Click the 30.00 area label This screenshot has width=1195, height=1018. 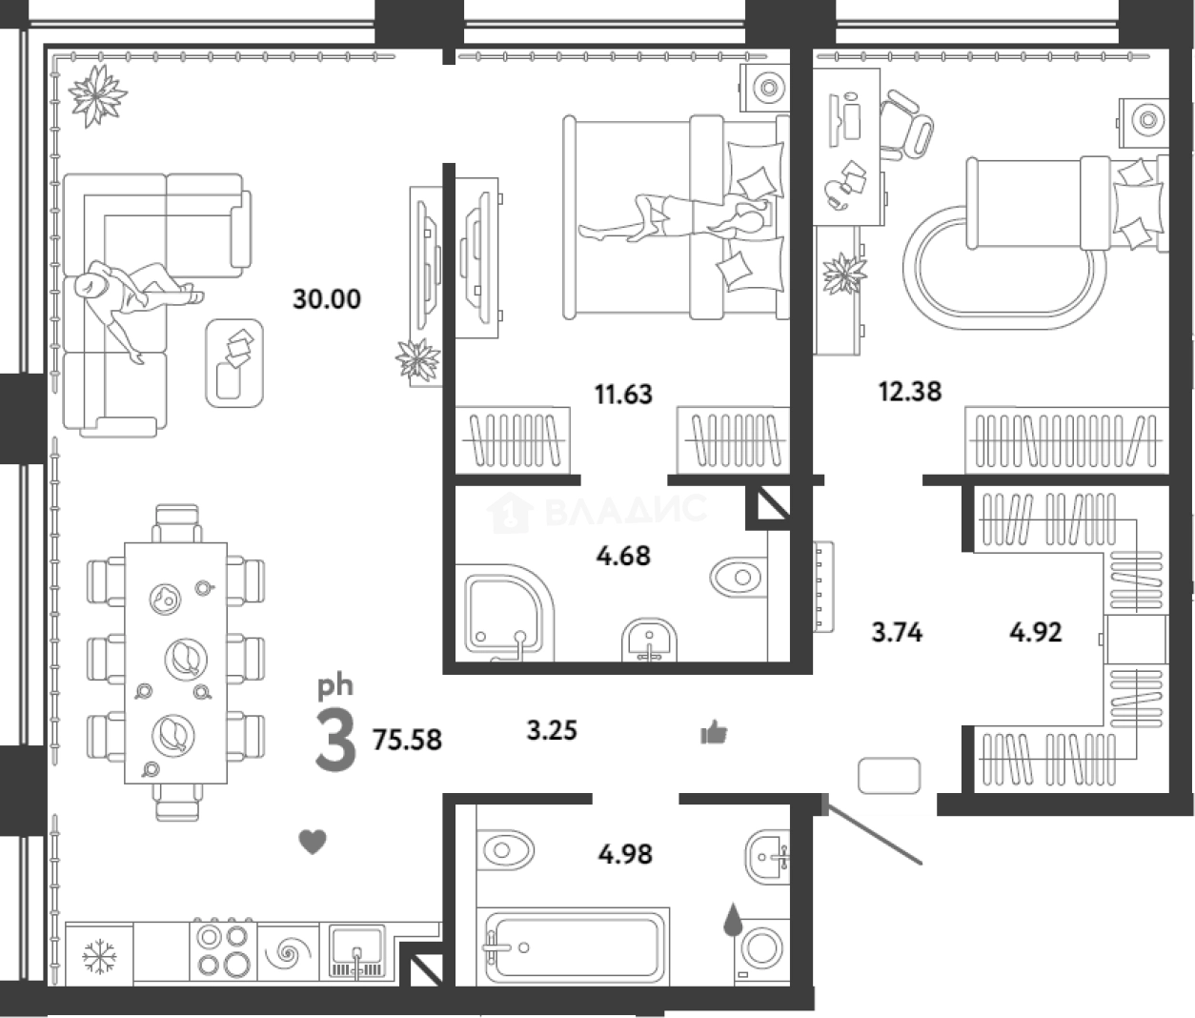[x=327, y=299]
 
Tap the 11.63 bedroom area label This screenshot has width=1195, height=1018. [x=623, y=395]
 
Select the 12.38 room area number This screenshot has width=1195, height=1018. [x=910, y=392]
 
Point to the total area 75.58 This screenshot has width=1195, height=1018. [x=407, y=740]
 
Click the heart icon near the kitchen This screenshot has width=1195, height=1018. [x=313, y=842]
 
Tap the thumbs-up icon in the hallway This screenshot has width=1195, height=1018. [x=714, y=732]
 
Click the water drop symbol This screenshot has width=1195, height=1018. [x=733, y=920]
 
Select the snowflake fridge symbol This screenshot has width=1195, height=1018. [x=99, y=957]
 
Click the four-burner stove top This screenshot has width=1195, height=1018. [x=223, y=953]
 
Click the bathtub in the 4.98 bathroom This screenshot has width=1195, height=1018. [x=574, y=947]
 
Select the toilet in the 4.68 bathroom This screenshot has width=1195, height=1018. [x=739, y=577]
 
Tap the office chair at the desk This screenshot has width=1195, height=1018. [x=905, y=125]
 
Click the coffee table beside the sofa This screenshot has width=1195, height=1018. [x=234, y=362]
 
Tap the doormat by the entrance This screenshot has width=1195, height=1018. [x=888, y=776]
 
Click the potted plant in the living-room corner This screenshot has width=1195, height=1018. [x=97, y=95]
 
